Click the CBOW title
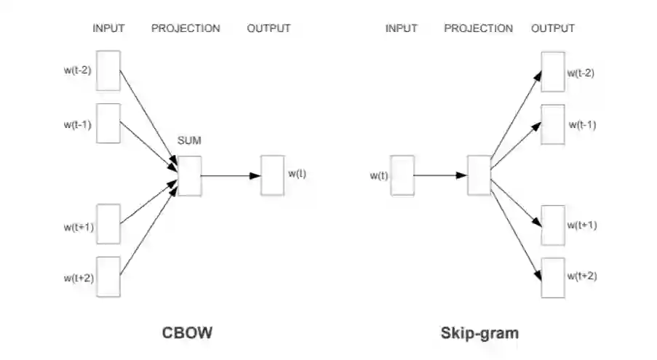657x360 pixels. [x=187, y=334]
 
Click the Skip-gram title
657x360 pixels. [x=479, y=334]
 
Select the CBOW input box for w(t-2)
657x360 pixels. [x=108, y=71]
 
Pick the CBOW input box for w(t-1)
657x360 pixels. [x=108, y=124]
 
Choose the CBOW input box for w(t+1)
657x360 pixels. [x=108, y=225]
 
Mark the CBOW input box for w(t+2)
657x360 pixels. [x=108, y=276]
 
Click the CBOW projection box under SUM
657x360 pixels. [x=189, y=175]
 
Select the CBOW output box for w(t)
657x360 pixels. [x=272, y=175]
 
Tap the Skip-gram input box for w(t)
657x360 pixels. [x=402, y=175]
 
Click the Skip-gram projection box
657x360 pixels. [x=479, y=175]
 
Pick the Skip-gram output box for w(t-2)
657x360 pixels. [x=553, y=71]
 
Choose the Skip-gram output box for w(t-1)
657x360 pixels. [x=553, y=124]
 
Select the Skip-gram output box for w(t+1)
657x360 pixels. [x=553, y=225]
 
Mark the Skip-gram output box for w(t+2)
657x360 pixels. [x=553, y=277]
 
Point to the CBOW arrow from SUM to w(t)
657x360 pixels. [x=231, y=175]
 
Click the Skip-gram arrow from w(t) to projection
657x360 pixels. [x=440, y=175]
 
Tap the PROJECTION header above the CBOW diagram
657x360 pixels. [x=186, y=28]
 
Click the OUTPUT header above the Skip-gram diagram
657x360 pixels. [x=553, y=28]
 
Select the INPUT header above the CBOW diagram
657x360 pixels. [x=108, y=28]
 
